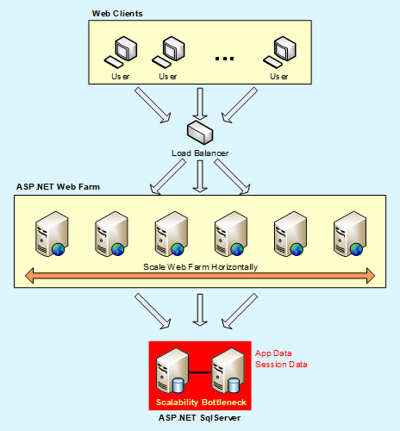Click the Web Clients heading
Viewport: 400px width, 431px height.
[117, 14]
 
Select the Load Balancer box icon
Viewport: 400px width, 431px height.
[200, 133]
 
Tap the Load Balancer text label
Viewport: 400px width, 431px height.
[200, 153]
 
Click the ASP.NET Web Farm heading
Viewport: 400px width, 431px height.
[58, 187]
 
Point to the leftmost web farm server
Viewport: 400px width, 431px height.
[52, 234]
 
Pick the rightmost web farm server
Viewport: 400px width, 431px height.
[350, 234]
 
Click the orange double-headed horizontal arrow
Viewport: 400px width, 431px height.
[200, 276]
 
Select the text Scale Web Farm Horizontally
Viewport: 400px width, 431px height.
[201, 267]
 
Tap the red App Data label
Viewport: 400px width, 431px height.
[273, 353]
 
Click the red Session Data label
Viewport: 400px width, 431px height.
[281, 365]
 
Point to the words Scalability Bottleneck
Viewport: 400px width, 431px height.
[201, 403]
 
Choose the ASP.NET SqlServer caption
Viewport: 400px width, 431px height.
[199, 418]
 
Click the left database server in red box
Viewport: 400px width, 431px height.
[172, 371]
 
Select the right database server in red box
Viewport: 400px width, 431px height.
[228, 371]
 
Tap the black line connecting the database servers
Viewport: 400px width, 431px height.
[200, 372]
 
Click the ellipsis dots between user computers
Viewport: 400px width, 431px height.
[224, 59]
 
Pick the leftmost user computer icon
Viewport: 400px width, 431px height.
[121, 53]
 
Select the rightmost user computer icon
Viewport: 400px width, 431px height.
[279, 53]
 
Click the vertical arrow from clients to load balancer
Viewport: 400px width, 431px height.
[200, 103]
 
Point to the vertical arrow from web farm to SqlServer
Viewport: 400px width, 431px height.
[200, 310]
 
